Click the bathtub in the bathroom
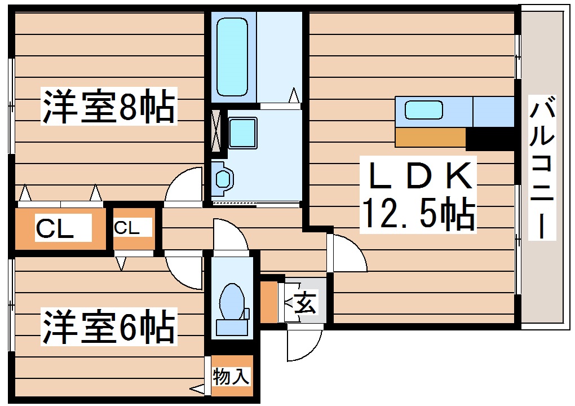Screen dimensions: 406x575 click(x=232, y=56)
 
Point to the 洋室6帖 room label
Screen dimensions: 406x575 click(x=107, y=326)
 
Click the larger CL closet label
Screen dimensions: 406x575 click(x=55, y=229)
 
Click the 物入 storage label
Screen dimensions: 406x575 click(x=231, y=376)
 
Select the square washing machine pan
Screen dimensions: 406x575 click(x=242, y=133)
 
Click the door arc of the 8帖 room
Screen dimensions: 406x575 click(x=183, y=185)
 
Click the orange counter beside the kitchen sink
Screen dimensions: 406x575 click(x=431, y=137)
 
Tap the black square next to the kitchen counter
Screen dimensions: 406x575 click(x=490, y=138)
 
